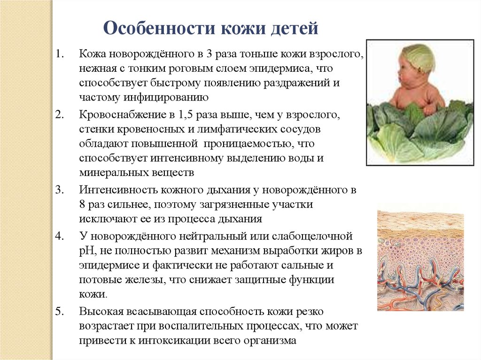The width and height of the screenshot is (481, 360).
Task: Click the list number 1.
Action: pyautogui.click(x=59, y=54)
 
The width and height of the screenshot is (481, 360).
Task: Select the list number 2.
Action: pyautogui.click(x=59, y=115)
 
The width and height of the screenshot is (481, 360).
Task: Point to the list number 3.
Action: pyautogui.click(x=59, y=190)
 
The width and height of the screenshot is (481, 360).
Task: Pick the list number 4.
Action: pyautogui.click(x=59, y=236)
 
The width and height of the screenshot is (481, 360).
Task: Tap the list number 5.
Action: pyautogui.click(x=59, y=312)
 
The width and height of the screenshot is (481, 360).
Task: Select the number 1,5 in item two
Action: pyautogui.click(x=185, y=115)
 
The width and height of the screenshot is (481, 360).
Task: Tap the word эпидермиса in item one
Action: pyautogui.click(x=280, y=69)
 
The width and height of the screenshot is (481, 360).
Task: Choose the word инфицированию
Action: pyautogui.click(x=166, y=98)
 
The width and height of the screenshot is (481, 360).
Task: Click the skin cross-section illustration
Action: pyautogui.click(x=420, y=260)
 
